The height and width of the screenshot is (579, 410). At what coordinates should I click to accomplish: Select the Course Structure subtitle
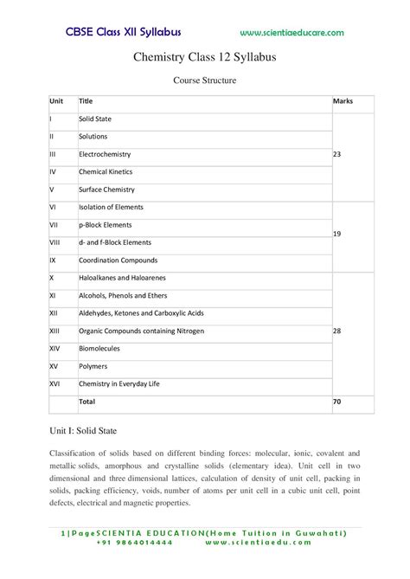pyautogui.click(x=205, y=80)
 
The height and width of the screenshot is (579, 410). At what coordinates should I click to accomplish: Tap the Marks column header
pyautogui.click(x=343, y=101)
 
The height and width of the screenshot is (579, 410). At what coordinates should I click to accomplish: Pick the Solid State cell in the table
pyautogui.click(x=95, y=119)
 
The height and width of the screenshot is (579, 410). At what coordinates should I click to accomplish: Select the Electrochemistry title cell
pyautogui.click(x=106, y=154)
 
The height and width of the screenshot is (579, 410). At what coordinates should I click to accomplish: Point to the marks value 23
pyautogui.click(x=337, y=154)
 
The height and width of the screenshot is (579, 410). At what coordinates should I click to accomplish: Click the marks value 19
pyautogui.click(x=337, y=234)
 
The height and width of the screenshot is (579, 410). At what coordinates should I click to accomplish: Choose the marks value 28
pyautogui.click(x=337, y=331)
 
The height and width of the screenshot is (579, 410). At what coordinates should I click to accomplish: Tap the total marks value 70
pyautogui.click(x=337, y=402)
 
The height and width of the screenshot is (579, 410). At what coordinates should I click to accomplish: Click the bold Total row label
pyautogui.click(x=87, y=402)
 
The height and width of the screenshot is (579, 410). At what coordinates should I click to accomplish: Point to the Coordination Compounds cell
pyautogui.click(x=118, y=260)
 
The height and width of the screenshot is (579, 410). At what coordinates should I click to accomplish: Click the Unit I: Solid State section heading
pyautogui.click(x=87, y=430)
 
